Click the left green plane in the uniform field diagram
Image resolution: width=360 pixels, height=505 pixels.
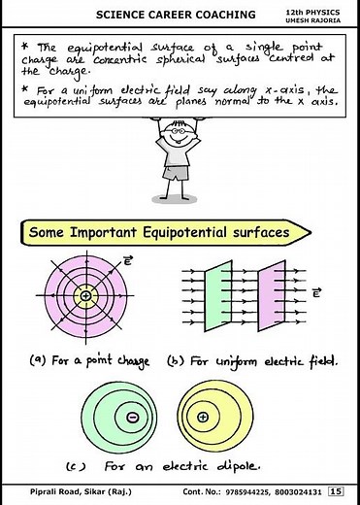pos(212,293)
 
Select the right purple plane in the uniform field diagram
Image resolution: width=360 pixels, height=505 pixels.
pos(270,293)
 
